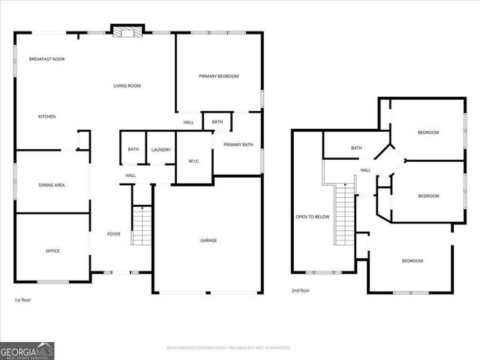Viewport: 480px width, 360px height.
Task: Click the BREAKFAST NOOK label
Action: (46, 58)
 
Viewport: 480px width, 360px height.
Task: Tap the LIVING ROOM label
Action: (127, 86)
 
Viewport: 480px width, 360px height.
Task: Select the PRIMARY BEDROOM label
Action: (219, 76)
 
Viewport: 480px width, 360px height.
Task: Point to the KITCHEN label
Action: (47, 116)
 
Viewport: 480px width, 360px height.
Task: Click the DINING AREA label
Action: (52, 184)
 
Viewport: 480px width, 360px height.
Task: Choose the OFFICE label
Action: (52, 250)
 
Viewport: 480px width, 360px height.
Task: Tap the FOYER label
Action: (114, 234)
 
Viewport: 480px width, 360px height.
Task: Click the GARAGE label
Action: (208, 241)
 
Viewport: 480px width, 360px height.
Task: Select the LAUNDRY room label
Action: (160, 150)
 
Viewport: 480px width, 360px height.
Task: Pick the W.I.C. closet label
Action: (193, 160)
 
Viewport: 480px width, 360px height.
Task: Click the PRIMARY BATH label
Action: (238, 145)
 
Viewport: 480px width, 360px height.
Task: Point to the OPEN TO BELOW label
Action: (312, 217)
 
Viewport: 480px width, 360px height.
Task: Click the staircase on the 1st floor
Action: (142, 226)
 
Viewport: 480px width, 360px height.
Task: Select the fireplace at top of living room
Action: (126, 31)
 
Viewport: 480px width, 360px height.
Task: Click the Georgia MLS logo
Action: (27, 350)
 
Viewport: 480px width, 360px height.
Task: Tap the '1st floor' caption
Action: (22, 300)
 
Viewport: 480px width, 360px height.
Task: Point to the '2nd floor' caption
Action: (300, 290)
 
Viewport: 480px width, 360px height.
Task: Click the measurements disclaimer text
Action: (228, 348)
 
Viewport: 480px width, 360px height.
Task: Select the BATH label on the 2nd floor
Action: (356, 148)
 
